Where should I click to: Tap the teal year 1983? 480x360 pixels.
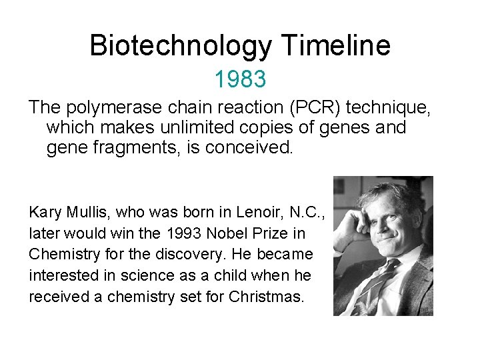pos(240,79)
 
